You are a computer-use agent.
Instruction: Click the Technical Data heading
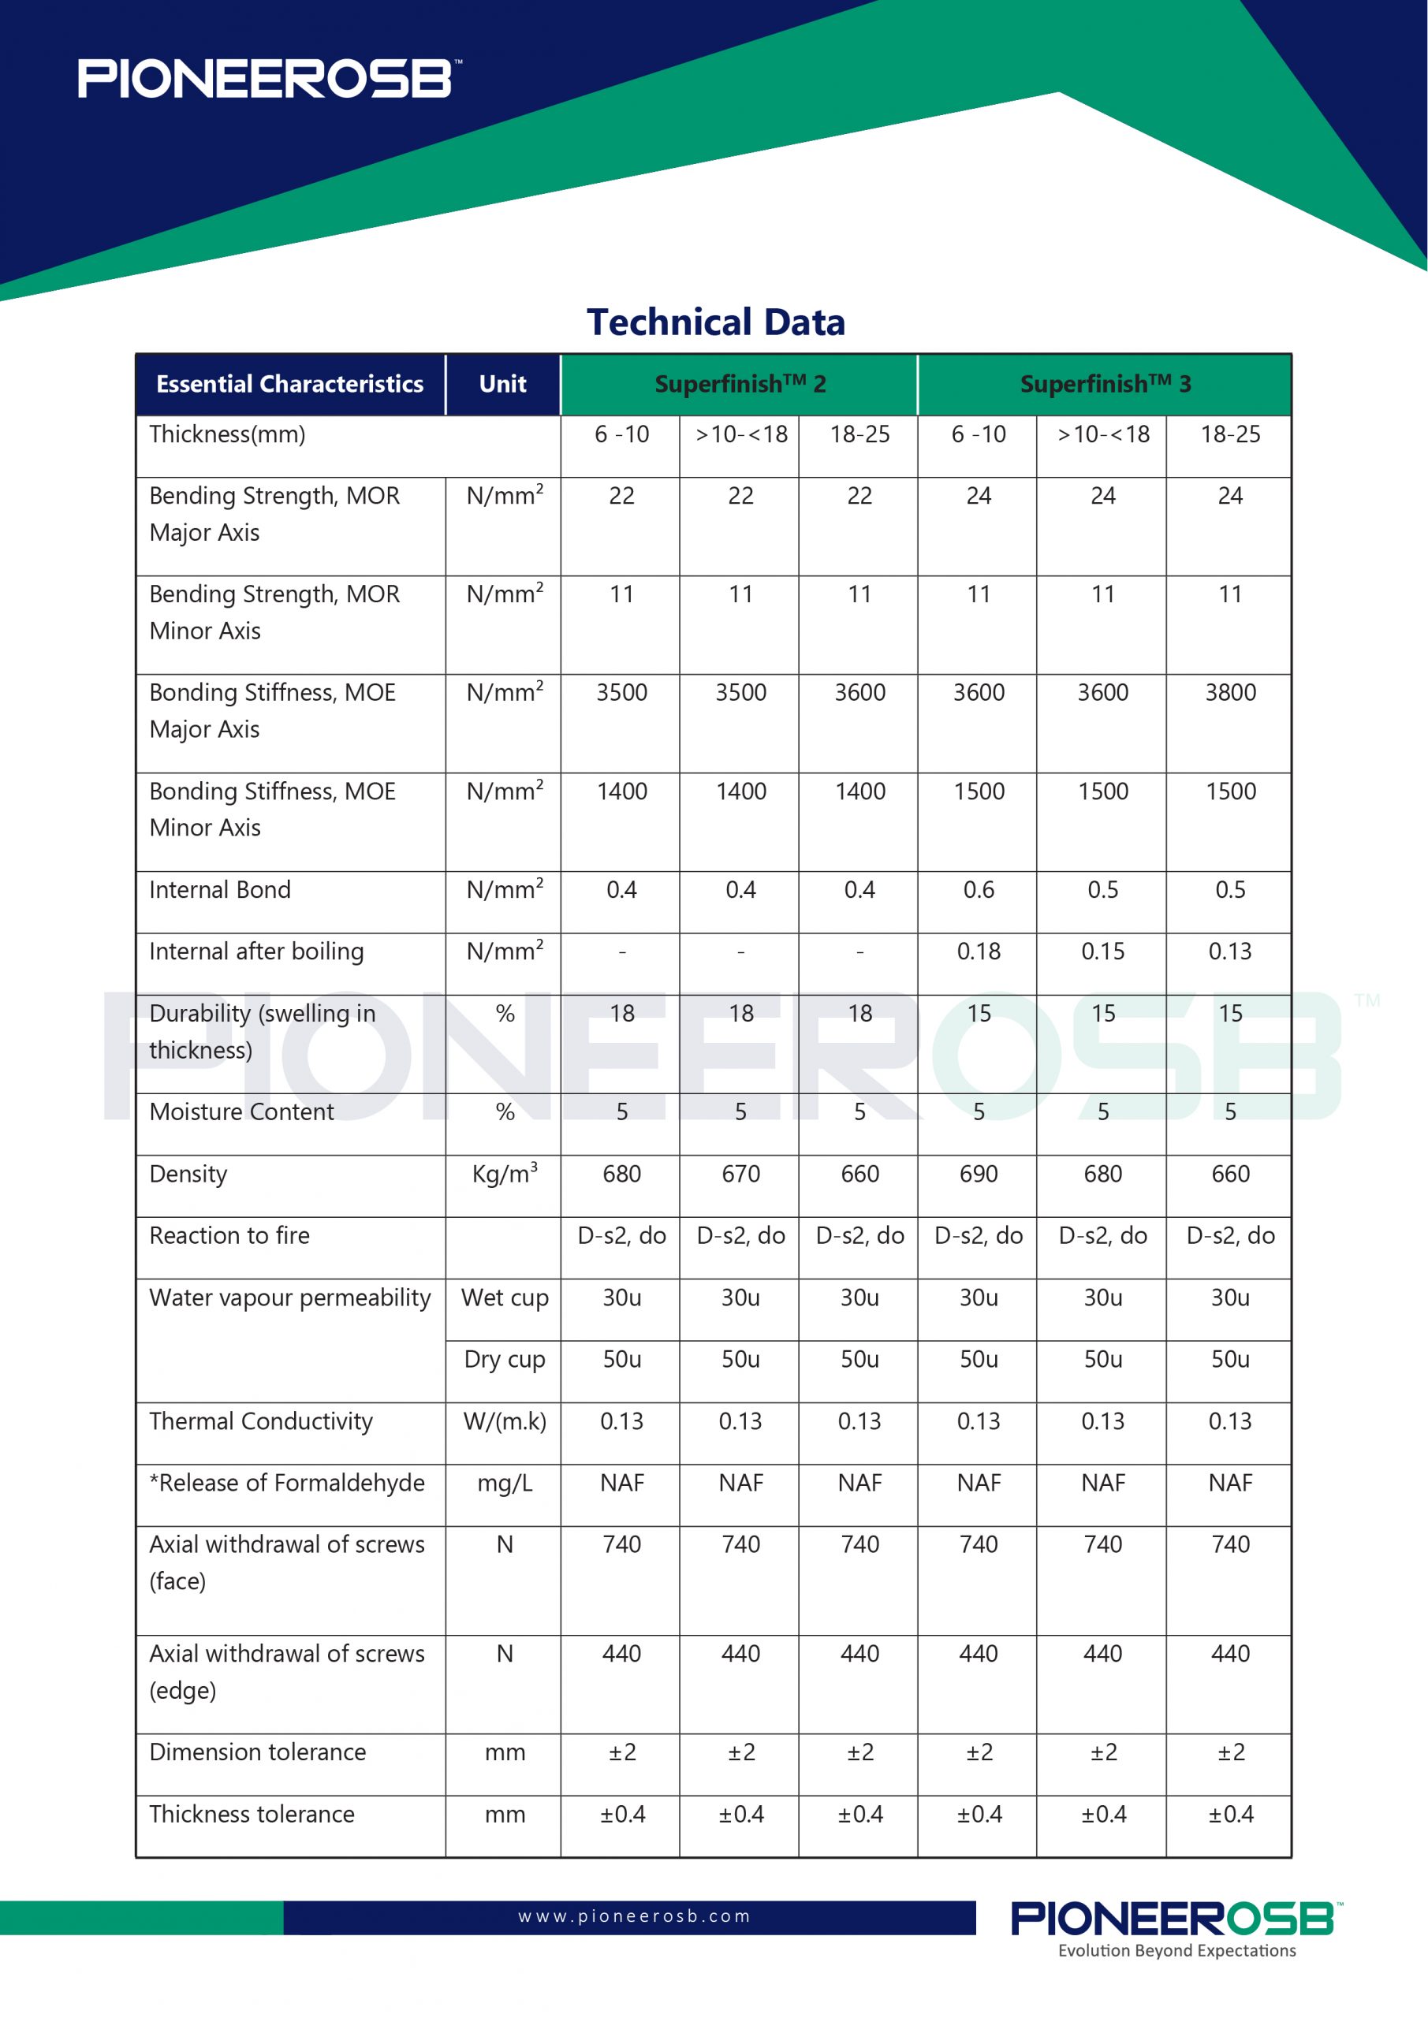point(715,322)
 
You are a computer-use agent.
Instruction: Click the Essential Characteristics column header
point(289,384)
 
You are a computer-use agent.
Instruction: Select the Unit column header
point(502,384)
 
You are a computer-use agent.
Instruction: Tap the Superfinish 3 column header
point(1105,384)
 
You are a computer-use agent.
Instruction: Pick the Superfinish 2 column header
point(740,384)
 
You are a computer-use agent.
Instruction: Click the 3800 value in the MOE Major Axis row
point(1229,693)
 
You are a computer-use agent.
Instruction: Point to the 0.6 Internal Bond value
point(978,889)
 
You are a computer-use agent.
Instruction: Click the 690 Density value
point(978,1174)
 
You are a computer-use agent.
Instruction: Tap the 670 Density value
point(740,1174)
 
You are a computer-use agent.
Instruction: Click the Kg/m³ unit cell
point(505,1174)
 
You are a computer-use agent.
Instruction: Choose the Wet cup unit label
point(505,1298)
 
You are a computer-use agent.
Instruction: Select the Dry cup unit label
point(505,1359)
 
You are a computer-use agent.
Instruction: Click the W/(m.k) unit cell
point(505,1421)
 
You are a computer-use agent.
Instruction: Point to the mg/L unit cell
point(505,1483)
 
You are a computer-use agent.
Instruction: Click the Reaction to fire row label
point(229,1236)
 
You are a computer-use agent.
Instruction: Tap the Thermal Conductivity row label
point(261,1421)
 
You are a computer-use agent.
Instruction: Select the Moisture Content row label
point(242,1111)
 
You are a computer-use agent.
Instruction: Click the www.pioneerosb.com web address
point(634,1916)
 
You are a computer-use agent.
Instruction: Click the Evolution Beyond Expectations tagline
point(1176,1950)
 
